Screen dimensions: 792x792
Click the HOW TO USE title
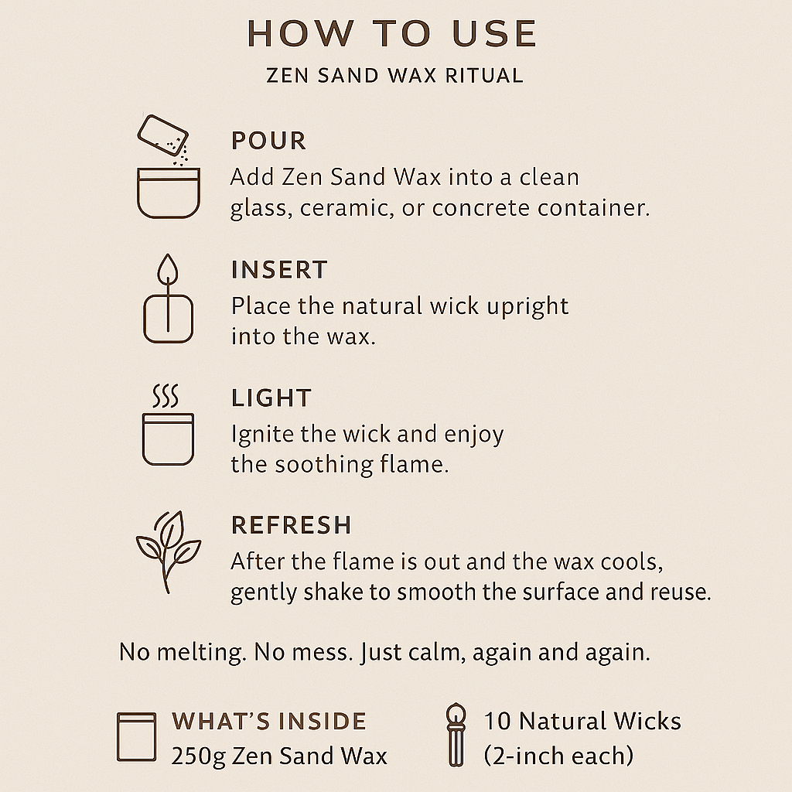(x=392, y=34)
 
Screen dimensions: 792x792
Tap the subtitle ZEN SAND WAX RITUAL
(x=394, y=76)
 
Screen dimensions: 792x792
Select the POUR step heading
(x=268, y=141)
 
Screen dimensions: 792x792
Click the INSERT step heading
(x=279, y=270)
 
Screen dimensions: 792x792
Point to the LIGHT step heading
(x=271, y=398)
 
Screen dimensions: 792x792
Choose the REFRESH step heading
(x=292, y=525)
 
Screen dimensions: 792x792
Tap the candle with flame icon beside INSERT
(x=168, y=299)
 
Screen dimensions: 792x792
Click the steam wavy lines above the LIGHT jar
(x=166, y=396)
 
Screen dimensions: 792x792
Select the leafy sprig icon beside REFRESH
(x=168, y=551)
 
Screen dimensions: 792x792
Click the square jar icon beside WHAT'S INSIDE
(x=136, y=736)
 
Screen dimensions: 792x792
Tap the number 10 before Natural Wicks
(x=497, y=722)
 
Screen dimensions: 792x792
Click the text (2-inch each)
(x=558, y=756)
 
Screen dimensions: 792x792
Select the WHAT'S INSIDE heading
(x=268, y=722)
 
